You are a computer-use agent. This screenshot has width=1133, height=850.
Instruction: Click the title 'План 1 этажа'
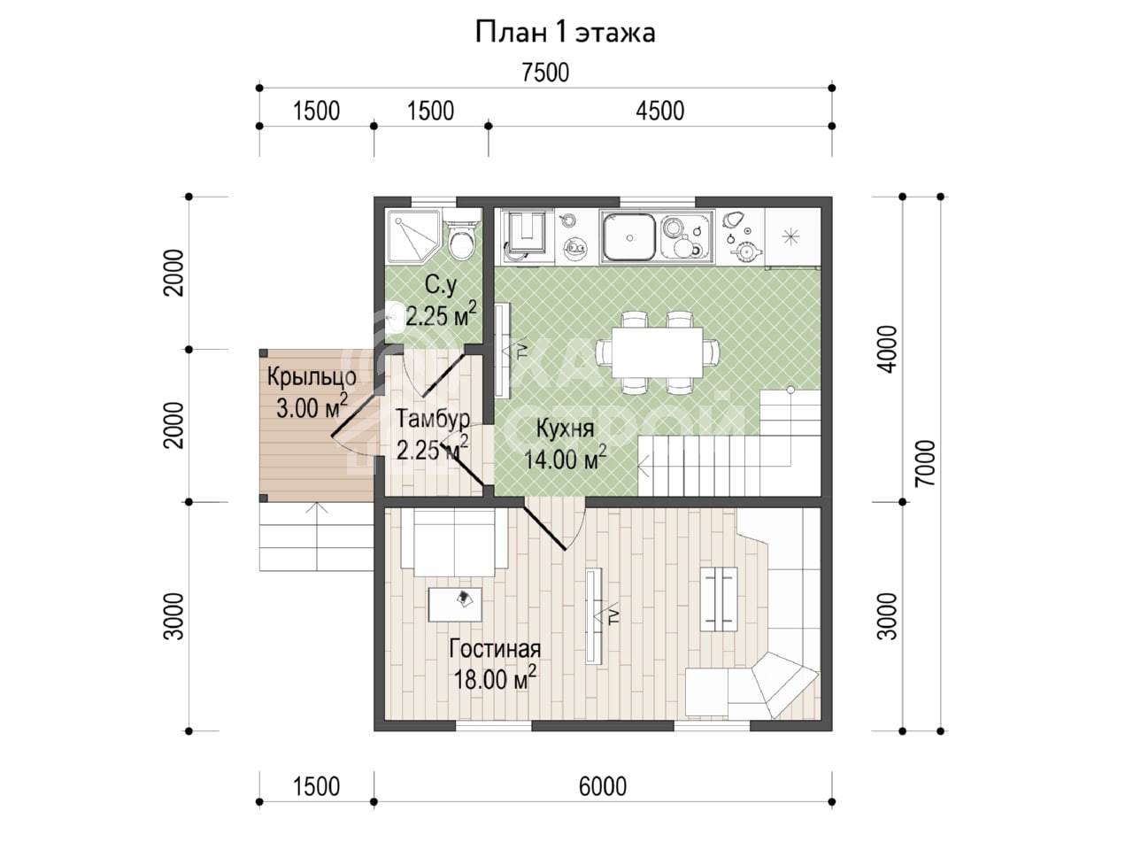tap(566, 32)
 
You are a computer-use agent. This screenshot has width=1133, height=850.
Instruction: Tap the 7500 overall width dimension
tap(545, 73)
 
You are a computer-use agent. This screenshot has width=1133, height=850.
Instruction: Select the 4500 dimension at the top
tap(659, 111)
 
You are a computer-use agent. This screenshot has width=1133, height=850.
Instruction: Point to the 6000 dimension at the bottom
tap(603, 786)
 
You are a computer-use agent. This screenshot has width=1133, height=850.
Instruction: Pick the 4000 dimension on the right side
tap(888, 349)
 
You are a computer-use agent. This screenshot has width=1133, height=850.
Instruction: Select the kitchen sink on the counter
tap(629, 237)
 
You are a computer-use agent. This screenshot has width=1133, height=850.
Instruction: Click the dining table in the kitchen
tap(657, 352)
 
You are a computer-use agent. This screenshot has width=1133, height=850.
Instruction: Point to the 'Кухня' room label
tap(566, 429)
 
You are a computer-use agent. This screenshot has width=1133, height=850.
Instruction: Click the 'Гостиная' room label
tap(495, 649)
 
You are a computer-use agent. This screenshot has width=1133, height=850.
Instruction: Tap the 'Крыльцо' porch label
tap(312, 377)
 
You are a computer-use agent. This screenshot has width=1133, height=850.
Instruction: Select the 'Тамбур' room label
tap(433, 420)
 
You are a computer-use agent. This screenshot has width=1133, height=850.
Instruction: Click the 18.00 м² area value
tap(495, 678)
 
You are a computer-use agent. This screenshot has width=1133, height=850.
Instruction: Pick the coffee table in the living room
tap(455, 605)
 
